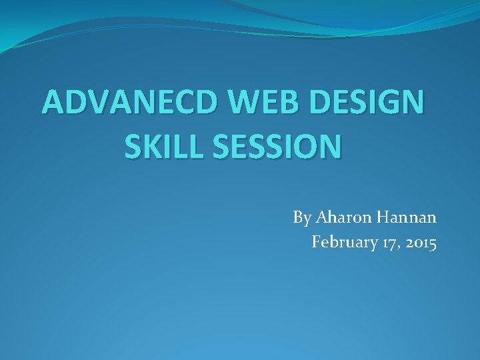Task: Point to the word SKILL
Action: point(161,146)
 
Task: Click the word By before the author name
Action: point(301,218)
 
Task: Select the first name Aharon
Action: point(339,218)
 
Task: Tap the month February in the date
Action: point(346,243)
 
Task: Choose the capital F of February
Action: point(316,243)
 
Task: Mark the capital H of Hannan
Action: point(377,218)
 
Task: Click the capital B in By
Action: point(297,218)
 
